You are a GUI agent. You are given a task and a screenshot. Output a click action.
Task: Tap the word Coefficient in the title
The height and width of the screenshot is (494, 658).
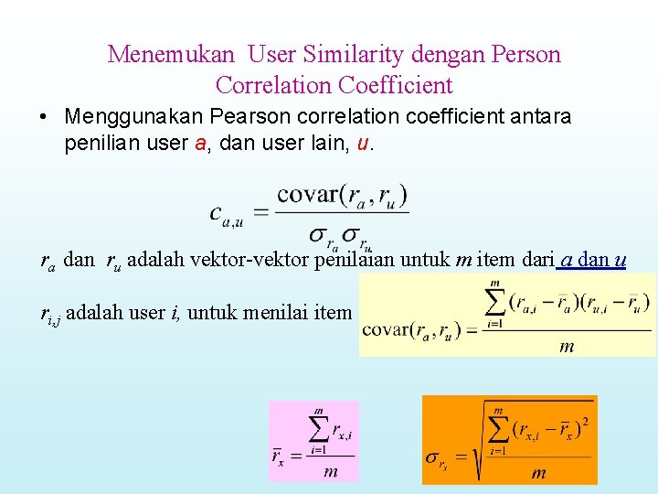tap(395, 85)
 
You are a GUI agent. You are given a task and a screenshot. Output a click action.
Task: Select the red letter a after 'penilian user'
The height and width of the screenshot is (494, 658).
tap(200, 144)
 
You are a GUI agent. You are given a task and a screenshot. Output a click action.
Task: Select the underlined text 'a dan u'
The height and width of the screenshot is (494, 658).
tap(591, 260)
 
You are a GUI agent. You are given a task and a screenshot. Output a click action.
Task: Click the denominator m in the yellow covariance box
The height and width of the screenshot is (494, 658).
tap(567, 346)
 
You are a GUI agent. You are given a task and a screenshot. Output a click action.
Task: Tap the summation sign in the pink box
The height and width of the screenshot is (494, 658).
tap(318, 427)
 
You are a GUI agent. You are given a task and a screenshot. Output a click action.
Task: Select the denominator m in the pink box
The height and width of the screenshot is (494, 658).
tap(331, 471)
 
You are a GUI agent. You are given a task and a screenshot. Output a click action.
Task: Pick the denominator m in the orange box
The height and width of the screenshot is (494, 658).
tap(538, 472)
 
